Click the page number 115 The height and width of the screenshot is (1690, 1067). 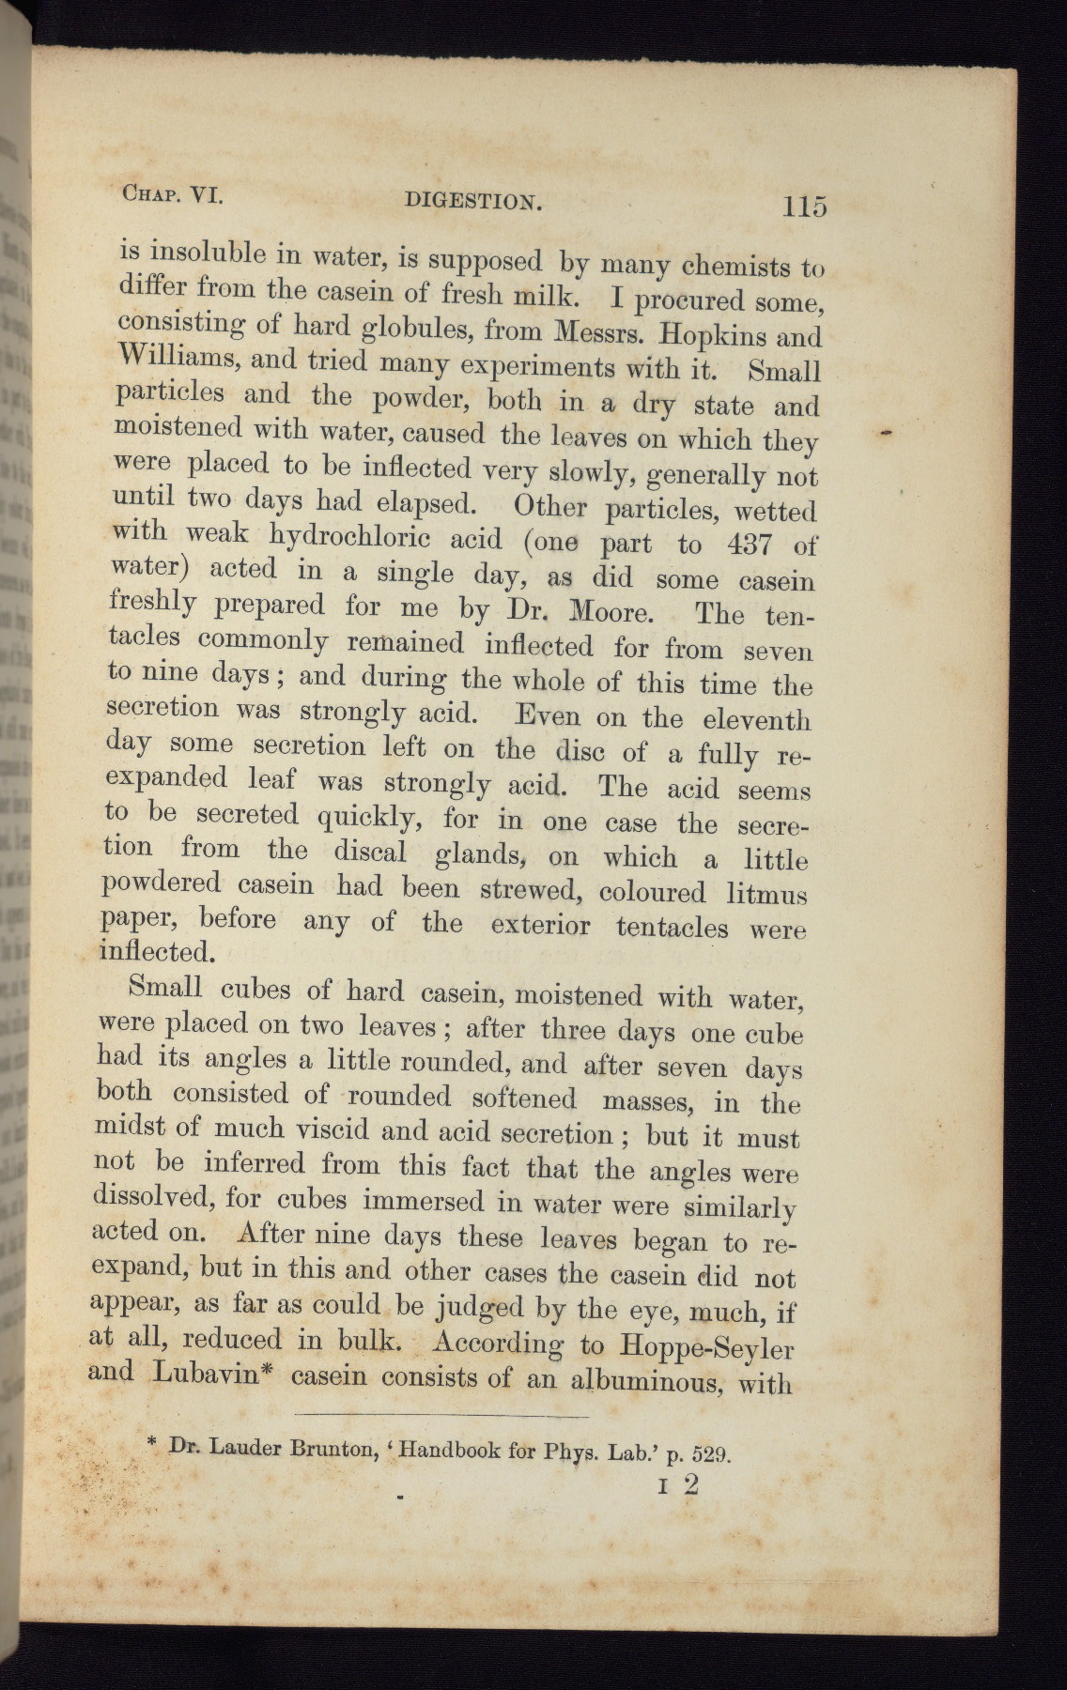click(801, 206)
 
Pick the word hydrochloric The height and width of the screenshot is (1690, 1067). click(349, 537)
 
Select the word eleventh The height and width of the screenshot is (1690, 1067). click(756, 720)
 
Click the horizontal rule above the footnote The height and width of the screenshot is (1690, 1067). click(441, 1415)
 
